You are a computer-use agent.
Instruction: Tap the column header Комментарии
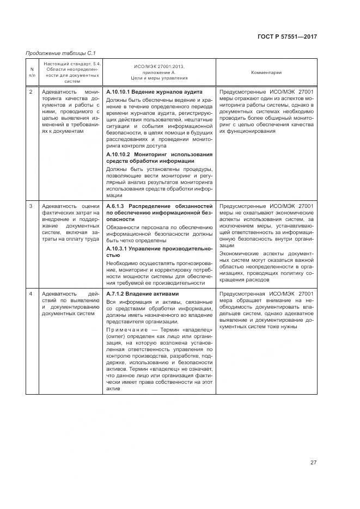pos(266,72)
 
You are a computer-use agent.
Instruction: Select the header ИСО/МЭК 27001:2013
pos(158,67)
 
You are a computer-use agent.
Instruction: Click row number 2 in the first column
pos(31,92)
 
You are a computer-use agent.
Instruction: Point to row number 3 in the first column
pos(31,206)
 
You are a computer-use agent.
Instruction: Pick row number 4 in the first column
pos(31,294)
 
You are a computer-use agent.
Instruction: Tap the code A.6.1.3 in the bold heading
pos(116,206)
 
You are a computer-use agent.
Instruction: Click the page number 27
pos(314,463)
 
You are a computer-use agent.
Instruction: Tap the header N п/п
pos(31,72)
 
